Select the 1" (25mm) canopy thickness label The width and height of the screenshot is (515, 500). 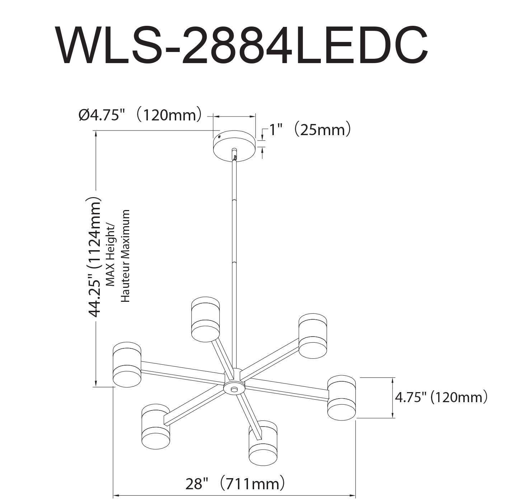310,130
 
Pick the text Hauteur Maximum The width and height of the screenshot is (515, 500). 125,256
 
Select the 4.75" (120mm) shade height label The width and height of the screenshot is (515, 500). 441,397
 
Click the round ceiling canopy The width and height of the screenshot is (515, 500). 234,146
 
